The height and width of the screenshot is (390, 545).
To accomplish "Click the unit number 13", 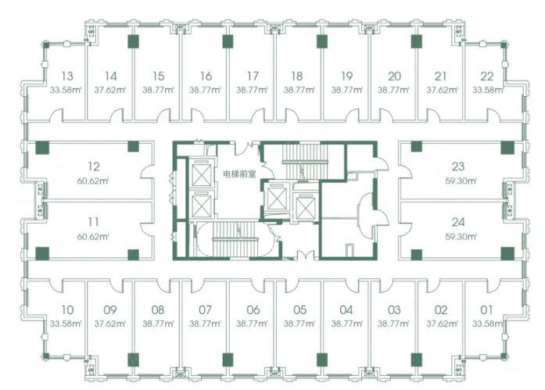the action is click(67, 76).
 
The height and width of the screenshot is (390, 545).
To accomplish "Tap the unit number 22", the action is click(487, 76).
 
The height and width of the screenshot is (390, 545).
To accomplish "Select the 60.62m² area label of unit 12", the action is click(93, 181).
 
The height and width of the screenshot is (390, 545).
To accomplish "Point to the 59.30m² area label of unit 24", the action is click(461, 237).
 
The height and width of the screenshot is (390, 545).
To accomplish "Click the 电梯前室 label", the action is click(240, 174).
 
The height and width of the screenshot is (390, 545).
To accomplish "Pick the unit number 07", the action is click(206, 309).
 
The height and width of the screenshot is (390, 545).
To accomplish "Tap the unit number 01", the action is click(486, 309).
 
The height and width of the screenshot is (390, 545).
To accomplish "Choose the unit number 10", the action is click(67, 309).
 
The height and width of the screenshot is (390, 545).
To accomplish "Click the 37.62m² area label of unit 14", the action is click(109, 90).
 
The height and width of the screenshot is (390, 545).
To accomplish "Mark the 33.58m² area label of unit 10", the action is click(66, 324).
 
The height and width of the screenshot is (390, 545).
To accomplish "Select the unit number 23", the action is click(458, 166).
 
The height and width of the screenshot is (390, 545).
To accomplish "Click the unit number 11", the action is click(93, 221).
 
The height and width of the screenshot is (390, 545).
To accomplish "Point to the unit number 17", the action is click(253, 76).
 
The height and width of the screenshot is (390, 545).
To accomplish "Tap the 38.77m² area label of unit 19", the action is click(347, 90).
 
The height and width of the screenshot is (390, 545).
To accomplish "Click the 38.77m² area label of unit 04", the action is click(347, 324).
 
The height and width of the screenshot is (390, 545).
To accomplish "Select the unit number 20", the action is click(394, 76).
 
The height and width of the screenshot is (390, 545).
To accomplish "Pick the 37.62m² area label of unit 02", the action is click(442, 324).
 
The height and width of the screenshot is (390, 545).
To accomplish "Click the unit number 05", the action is click(300, 309).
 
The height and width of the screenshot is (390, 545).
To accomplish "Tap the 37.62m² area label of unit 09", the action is click(109, 324).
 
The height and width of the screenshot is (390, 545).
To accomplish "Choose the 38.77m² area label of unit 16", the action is click(205, 90).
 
